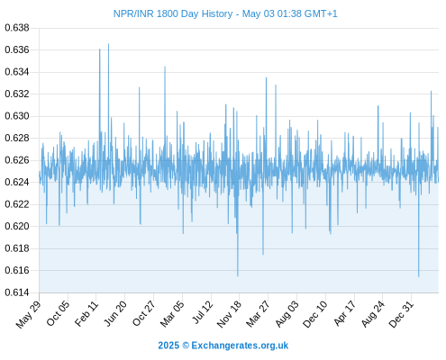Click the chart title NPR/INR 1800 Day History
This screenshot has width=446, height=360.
pos(173,13)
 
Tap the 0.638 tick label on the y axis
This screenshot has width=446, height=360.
pos(17,28)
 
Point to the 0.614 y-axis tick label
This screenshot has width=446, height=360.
pos(17,292)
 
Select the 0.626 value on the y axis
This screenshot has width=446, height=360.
pos(17,160)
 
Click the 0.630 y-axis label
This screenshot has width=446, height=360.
pos(17,116)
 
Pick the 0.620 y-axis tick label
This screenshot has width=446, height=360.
pos(17,226)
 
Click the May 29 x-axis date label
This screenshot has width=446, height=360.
pos(28,314)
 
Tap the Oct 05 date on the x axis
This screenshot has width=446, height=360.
pos(58,313)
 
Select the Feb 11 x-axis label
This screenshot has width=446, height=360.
pos(86,313)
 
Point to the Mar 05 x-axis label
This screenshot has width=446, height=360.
pos(172,314)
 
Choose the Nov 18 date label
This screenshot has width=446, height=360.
pos(229,314)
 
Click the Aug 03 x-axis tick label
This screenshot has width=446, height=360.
pos(287,314)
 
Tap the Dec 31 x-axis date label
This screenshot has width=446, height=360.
pos(401,314)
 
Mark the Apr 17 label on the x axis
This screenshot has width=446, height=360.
pos(344,313)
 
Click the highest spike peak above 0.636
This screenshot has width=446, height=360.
pos(108,44)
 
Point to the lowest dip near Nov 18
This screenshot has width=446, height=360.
pos(238,275)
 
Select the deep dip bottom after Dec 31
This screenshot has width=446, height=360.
pos(418,276)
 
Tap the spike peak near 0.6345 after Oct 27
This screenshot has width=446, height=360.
pos(165,67)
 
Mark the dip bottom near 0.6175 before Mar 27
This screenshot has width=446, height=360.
pos(263,254)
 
